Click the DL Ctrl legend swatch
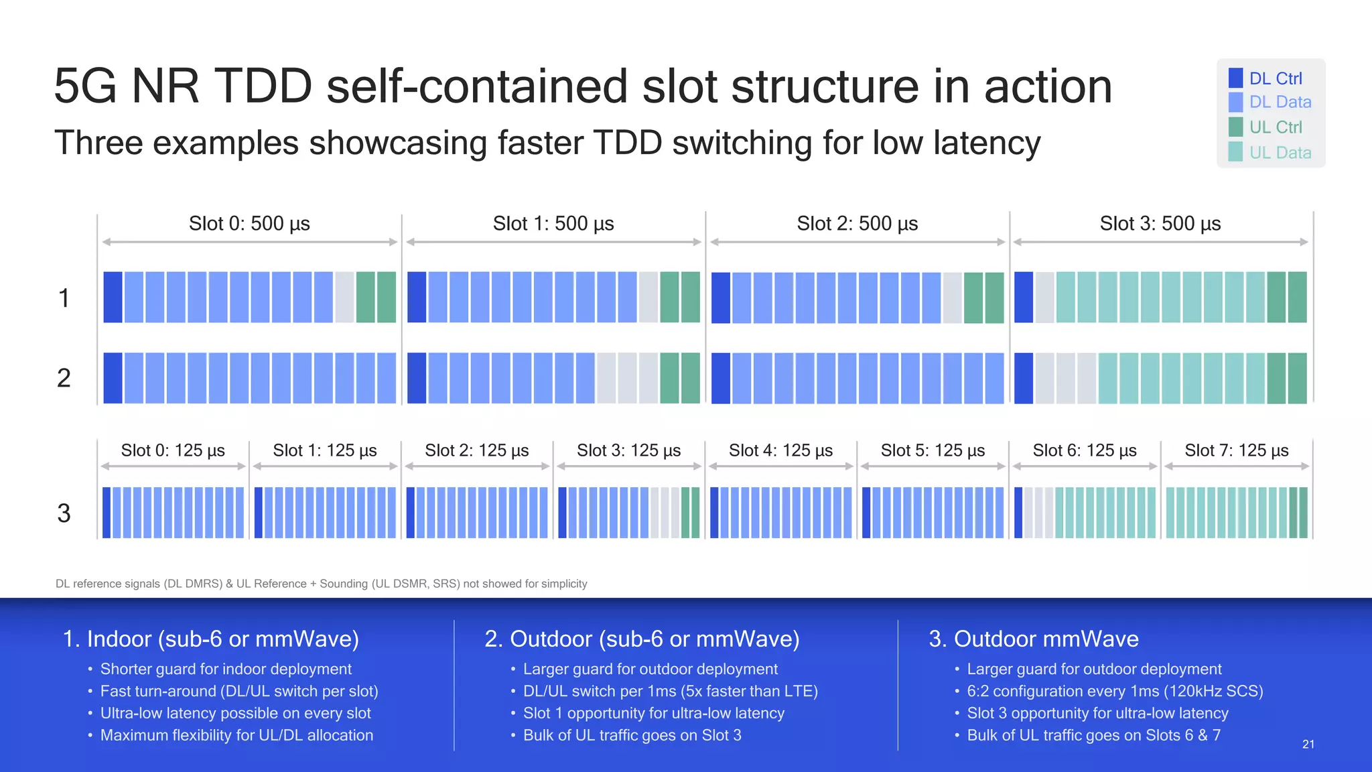[x=1235, y=78]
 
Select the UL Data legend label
[x=1280, y=153]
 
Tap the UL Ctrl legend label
[x=1276, y=127]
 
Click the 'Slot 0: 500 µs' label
[x=249, y=223]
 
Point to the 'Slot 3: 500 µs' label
[x=1160, y=223]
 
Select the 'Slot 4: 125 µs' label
[x=780, y=450]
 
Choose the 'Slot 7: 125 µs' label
[x=1236, y=450]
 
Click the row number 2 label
[x=64, y=378]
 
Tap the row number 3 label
[x=64, y=513]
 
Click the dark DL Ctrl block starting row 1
[x=113, y=297]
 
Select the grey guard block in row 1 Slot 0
[x=344, y=297]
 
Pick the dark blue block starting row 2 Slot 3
[x=1023, y=378]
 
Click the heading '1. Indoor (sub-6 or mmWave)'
[x=210, y=639]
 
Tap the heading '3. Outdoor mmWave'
[x=1033, y=639]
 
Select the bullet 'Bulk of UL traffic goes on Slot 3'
[x=632, y=735]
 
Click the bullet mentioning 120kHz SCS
[x=1114, y=691]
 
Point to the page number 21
[x=1308, y=745]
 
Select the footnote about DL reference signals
[x=321, y=584]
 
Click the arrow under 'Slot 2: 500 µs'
[x=857, y=242]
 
